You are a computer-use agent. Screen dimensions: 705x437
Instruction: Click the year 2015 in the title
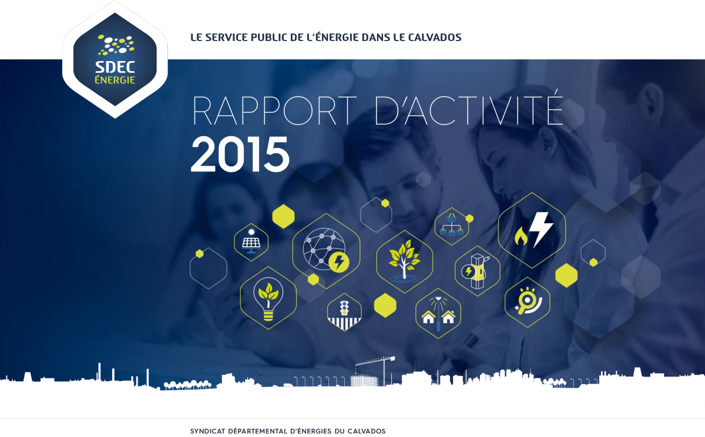tap(240, 154)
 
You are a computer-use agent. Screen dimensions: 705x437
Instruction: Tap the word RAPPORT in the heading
tap(274, 110)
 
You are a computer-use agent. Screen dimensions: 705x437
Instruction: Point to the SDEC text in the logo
tap(115, 67)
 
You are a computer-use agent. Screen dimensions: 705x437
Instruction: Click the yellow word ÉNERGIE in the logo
tap(115, 80)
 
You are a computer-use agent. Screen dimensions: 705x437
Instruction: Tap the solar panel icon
tap(251, 241)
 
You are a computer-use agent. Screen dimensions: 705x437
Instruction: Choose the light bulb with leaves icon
tap(268, 299)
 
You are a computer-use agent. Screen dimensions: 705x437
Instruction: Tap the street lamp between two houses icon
tap(438, 314)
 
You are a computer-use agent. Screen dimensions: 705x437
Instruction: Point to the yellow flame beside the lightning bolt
tap(521, 236)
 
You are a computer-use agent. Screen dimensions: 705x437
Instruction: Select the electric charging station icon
tap(476, 271)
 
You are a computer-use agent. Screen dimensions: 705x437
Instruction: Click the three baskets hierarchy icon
tap(452, 224)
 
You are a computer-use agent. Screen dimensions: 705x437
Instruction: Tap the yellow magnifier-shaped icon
tap(527, 301)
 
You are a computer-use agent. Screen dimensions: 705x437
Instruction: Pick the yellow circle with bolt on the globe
tap(339, 262)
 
